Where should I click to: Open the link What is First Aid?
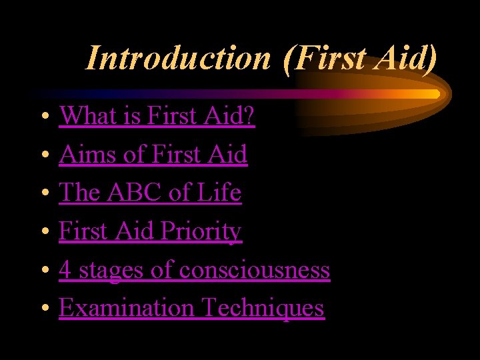tap(157, 116)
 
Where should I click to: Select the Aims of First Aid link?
tap(153, 155)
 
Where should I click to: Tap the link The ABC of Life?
tap(150, 193)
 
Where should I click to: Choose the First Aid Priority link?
tap(150, 231)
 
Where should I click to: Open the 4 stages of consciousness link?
tap(194, 270)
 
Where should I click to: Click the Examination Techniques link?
tap(191, 308)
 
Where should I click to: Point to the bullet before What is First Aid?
tap(43, 117)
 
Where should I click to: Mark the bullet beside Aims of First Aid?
tap(43, 156)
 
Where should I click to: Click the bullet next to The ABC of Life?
tap(43, 194)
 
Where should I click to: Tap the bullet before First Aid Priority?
tap(43, 233)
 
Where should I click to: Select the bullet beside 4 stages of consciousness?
tap(43, 271)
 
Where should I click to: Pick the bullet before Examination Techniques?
tap(43, 309)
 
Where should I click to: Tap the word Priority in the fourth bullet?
tap(206, 231)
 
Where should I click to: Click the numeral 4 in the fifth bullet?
tap(65, 270)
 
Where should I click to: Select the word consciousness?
tap(255, 270)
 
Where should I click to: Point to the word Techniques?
tap(263, 308)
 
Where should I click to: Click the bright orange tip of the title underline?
tap(434, 94)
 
